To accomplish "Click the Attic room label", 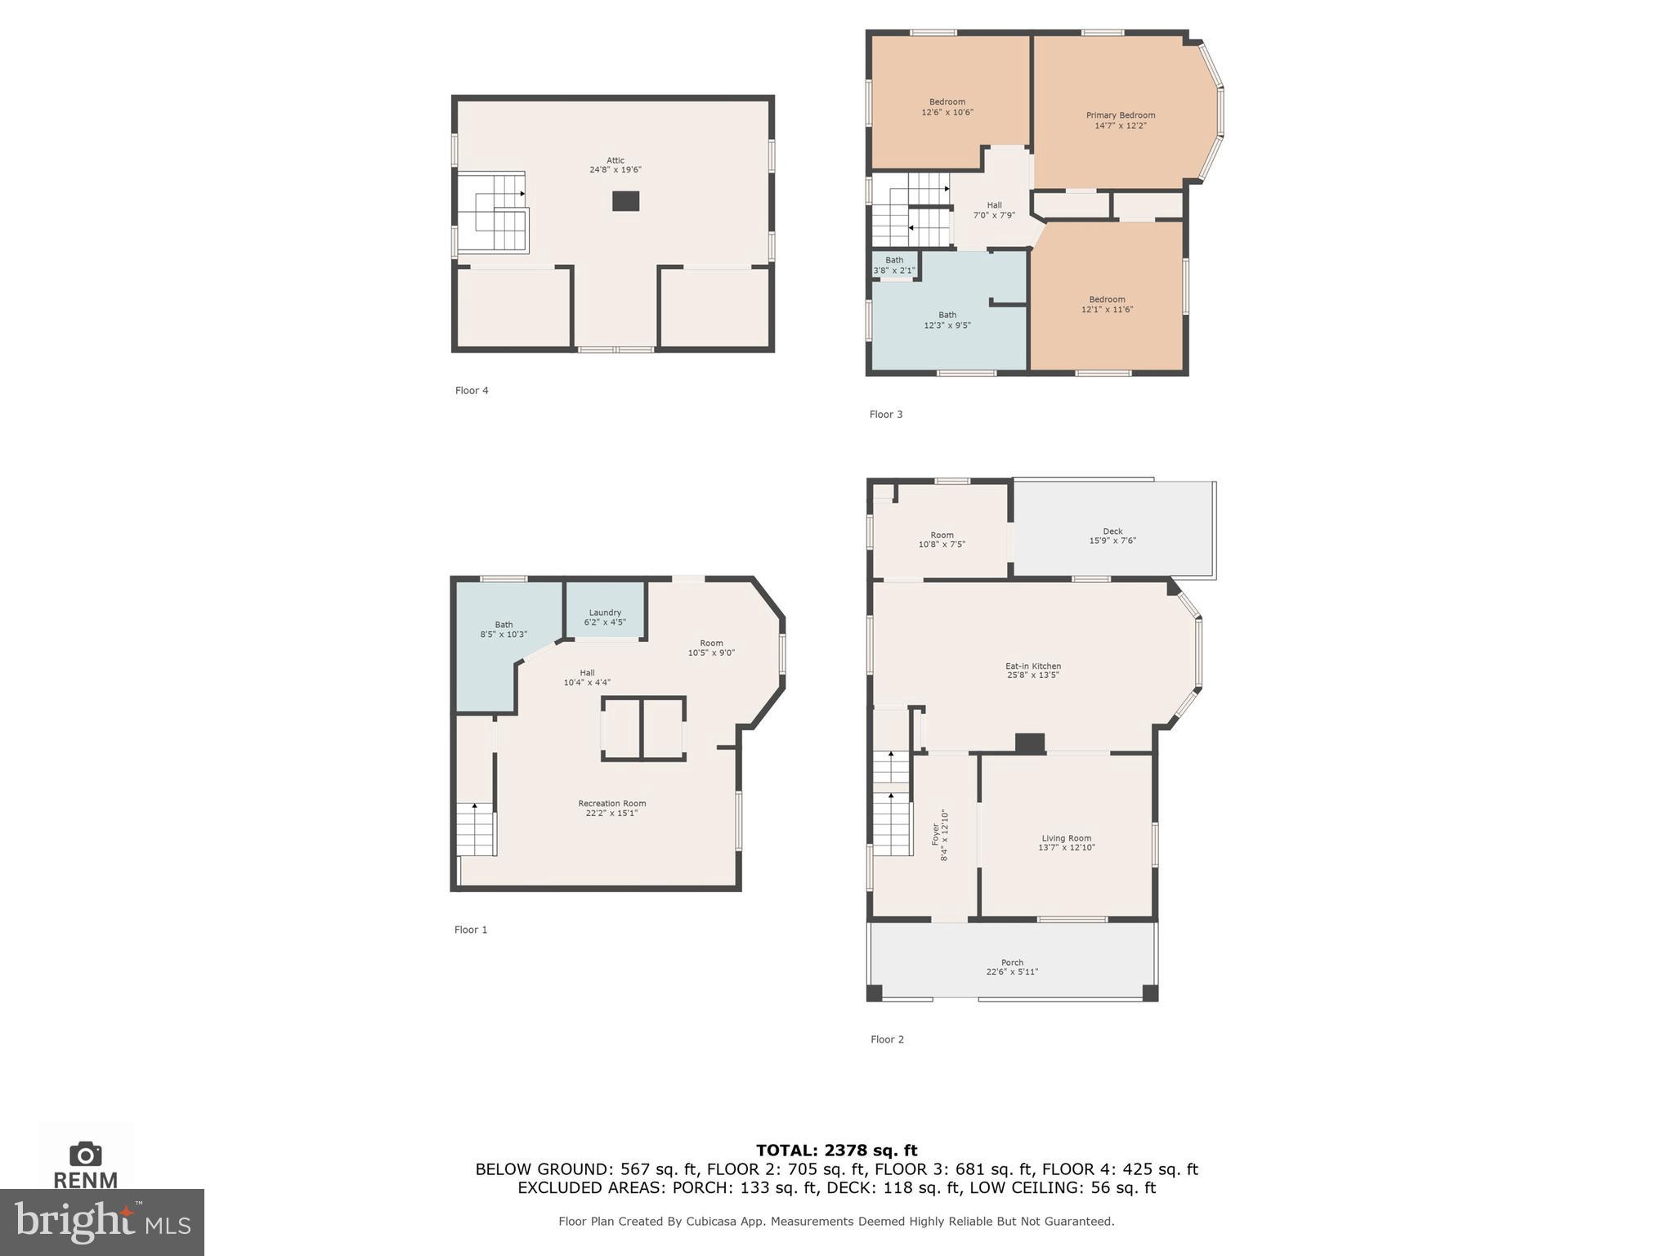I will click(x=615, y=161).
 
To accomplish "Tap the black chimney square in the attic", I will click(x=625, y=201).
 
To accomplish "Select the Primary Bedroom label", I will click(x=1120, y=115).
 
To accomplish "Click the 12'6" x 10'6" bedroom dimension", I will click(x=947, y=113).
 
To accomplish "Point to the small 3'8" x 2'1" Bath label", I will click(x=893, y=266).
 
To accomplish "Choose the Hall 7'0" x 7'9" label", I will click(x=994, y=210).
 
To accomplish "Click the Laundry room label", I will click(x=605, y=612).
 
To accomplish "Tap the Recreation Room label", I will click(x=611, y=803).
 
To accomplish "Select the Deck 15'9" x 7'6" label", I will click(x=1112, y=536).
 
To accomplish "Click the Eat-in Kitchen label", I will click(x=1032, y=666).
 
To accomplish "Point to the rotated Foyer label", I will click(x=939, y=835).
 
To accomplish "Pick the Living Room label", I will click(x=1066, y=838).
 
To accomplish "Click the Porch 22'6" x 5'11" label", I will click(x=1011, y=967).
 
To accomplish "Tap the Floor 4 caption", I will click(x=472, y=391).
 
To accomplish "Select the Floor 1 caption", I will click(x=471, y=930).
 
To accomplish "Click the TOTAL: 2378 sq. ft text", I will click(x=836, y=1151).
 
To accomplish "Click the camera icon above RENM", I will click(x=85, y=1154).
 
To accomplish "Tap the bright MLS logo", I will click(x=102, y=1222).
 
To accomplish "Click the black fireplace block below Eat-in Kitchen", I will click(x=1029, y=743).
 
